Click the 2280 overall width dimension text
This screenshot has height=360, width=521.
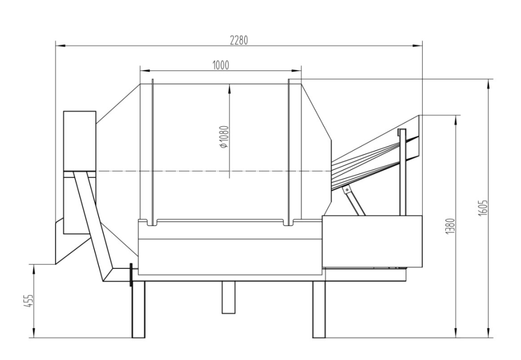[239, 41]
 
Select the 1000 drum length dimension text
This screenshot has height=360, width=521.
[220, 65]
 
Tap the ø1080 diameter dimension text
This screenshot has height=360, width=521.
[224, 136]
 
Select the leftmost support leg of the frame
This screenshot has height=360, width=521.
[138, 309]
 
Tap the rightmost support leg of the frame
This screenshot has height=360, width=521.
[319, 309]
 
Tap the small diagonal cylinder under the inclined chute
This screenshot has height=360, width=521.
[355, 201]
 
